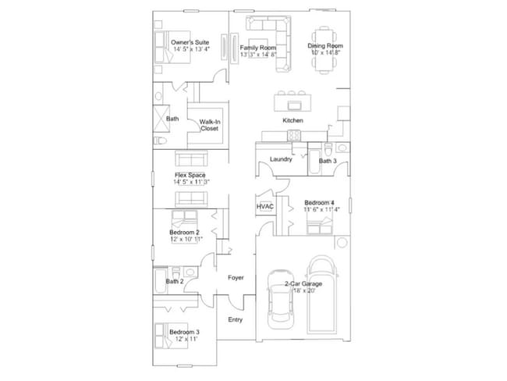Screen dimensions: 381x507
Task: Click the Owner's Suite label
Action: tap(190, 42)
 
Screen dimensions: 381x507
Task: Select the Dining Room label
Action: tap(324, 46)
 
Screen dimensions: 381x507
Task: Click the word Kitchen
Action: tap(292, 121)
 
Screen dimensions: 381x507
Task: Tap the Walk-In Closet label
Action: tap(208, 125)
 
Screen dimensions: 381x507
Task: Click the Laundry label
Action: tap(280, 159)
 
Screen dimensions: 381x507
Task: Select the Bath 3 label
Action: tap(328, 161)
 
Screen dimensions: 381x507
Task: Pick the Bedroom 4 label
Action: tap(319, 202)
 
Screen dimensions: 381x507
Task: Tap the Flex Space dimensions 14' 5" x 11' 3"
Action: tap(191, 182)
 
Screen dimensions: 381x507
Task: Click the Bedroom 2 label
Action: tap(184, 232)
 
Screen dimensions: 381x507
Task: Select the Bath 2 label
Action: tap(175, 281)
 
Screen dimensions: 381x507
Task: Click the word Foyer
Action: tap(236, 278)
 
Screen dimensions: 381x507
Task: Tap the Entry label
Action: tap(235, 319)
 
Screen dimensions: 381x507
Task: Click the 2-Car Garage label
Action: tap(303, 283)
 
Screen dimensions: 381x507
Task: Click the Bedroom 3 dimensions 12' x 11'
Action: tap(184, 340)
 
